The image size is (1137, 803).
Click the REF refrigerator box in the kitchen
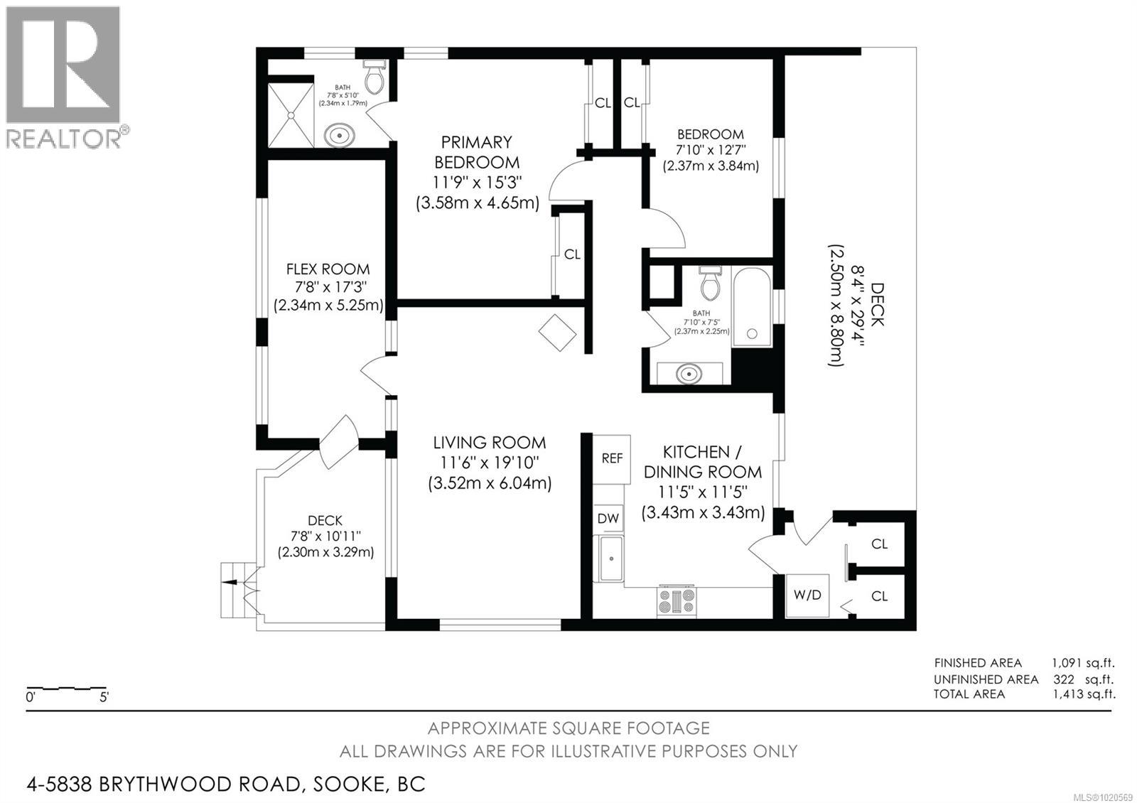[612, 458]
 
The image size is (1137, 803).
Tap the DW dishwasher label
[608, 519]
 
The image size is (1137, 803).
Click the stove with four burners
[677, 600]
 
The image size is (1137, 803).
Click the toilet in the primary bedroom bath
[374, 77]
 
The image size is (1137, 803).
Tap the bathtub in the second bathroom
[751, 306]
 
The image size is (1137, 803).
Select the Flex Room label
[328, 269]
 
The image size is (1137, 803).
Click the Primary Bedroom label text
[476, 152]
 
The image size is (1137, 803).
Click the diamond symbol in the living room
[557, 332]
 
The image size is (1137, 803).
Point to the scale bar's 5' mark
[104, 697]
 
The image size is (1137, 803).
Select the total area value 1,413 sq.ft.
[1083, 694]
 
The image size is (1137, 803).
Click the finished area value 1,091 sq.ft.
[1083, 663]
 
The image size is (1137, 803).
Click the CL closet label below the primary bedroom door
[572, 254]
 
